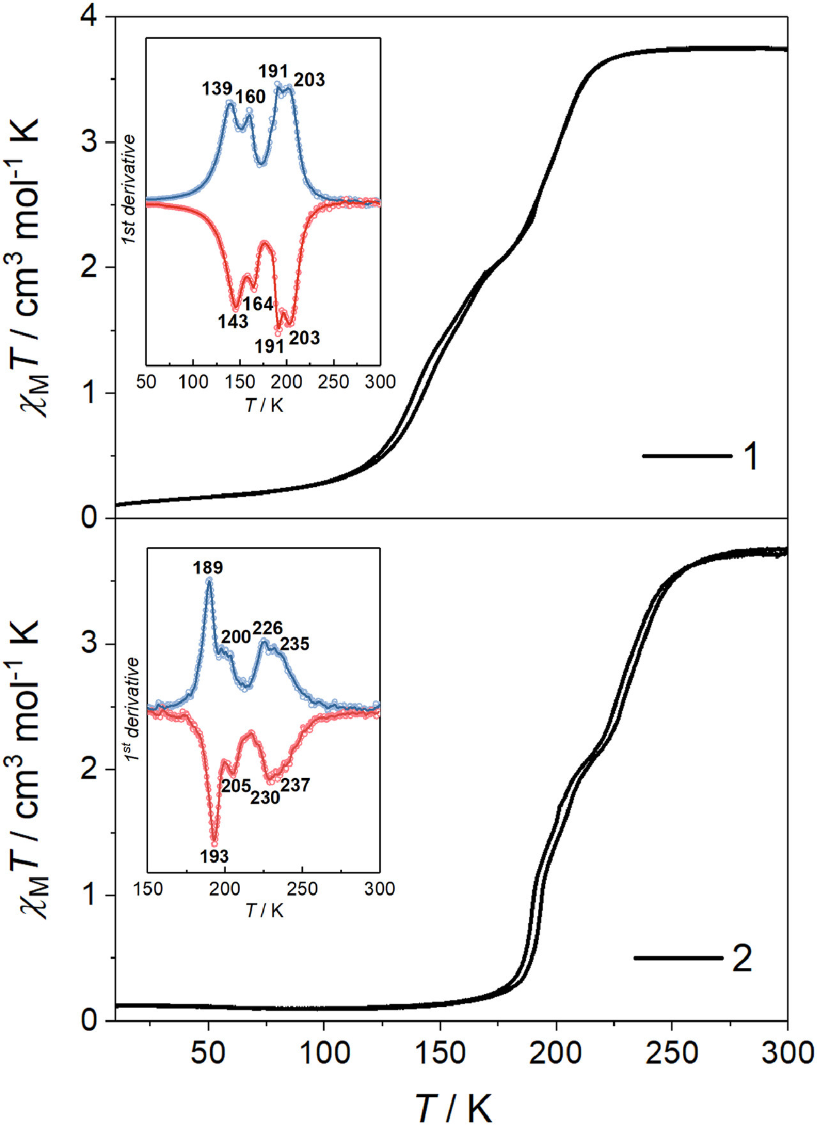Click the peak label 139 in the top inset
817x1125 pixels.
217,88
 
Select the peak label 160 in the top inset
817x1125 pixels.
250,96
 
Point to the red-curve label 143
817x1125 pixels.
233,321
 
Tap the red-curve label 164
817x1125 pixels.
258,304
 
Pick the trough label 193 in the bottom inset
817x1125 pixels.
213,857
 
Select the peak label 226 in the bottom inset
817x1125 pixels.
268,628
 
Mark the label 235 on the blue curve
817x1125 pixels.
294,643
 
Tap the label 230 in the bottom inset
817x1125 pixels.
265,798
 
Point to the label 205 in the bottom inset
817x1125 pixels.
236,786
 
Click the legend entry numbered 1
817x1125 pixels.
751,457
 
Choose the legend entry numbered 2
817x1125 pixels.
742,958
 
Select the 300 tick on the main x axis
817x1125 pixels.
786,1052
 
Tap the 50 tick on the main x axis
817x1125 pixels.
208,1052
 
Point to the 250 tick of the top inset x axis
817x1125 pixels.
333,382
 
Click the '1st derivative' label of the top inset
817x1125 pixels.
130,190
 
